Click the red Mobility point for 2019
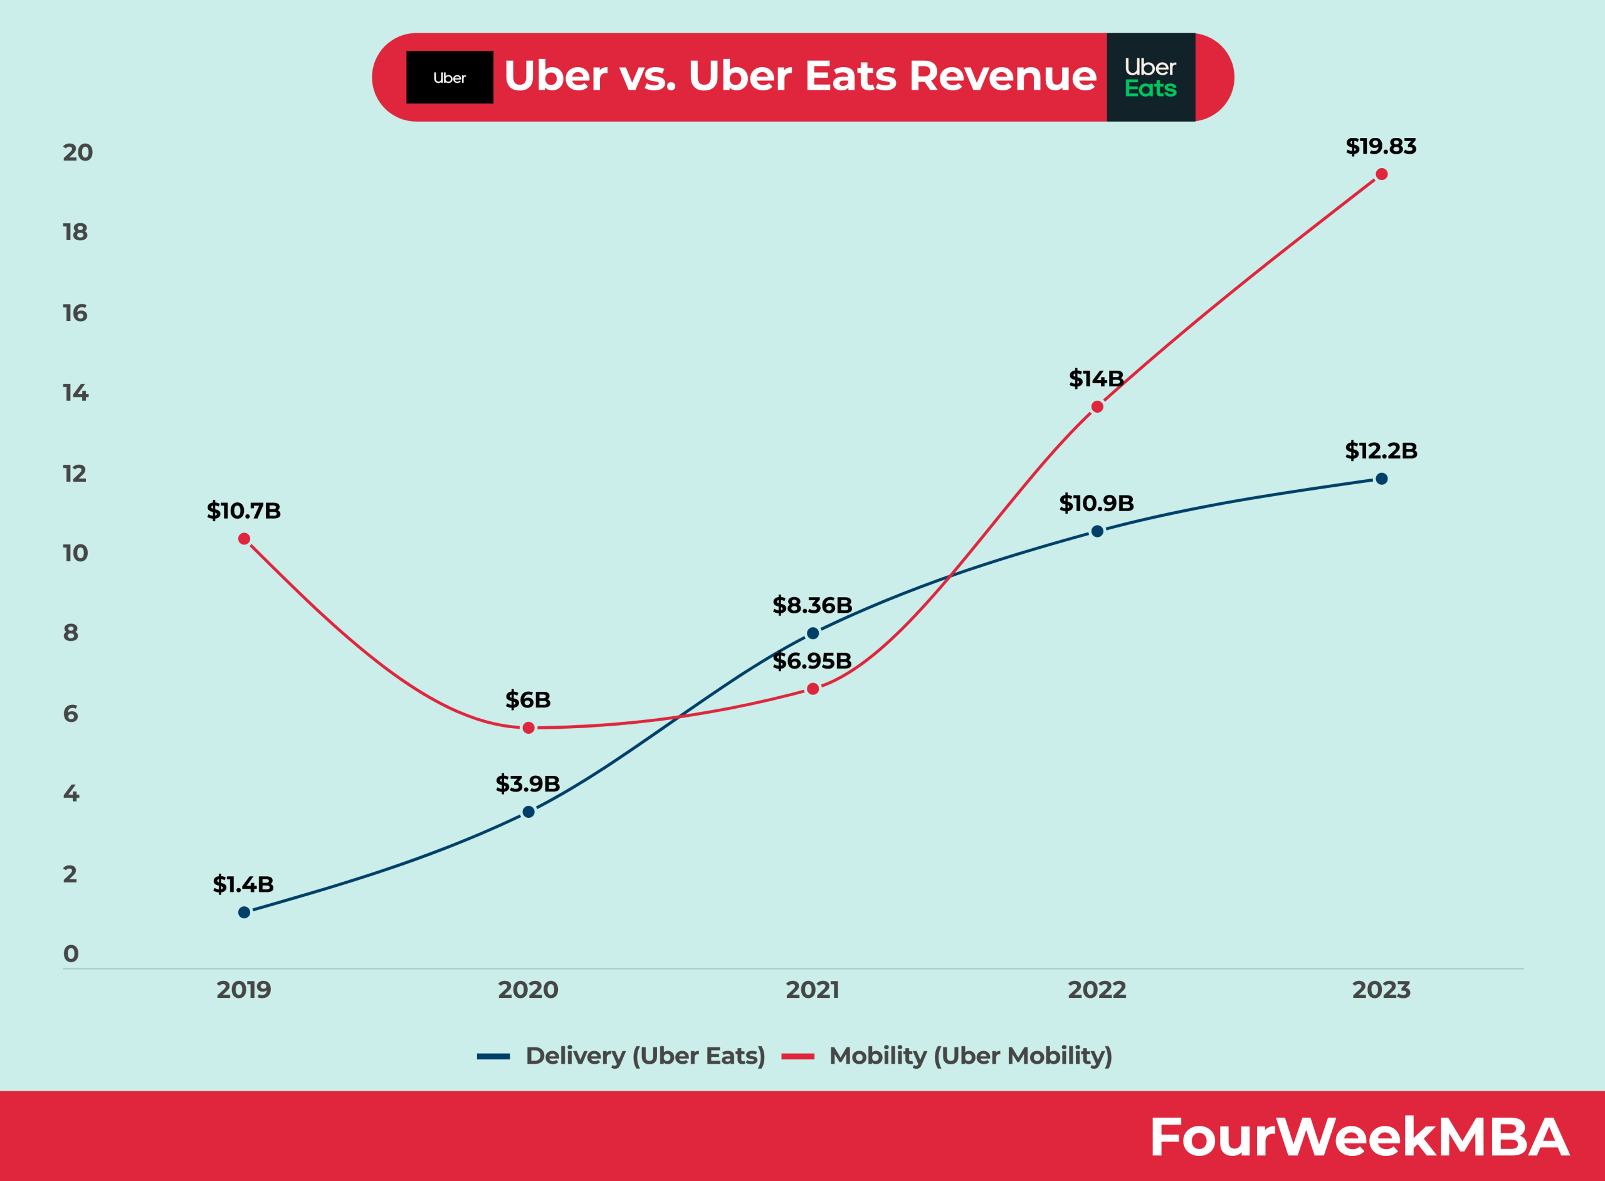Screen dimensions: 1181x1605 (245, 539)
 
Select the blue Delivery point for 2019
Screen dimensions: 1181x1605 (245, 912)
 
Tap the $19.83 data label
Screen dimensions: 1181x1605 (1381, 147)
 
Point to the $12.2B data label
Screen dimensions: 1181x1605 (1381, 451)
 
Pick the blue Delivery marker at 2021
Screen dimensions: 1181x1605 (813, 633)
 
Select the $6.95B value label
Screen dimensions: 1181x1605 (812, 661)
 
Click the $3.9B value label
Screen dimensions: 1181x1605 (527, 784)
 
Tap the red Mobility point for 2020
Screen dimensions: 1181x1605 (528, 728)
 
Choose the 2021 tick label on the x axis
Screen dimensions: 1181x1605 (813, 990)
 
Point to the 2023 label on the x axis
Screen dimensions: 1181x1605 (1381, 990)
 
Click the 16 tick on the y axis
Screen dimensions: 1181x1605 (75, 313)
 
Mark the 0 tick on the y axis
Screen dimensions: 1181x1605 (71, 954)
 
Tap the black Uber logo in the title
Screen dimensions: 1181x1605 (450, 77)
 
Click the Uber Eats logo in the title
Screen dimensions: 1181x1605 (1150, 77)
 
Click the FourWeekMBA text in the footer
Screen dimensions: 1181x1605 (1359, 1137)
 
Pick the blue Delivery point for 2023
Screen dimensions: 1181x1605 (1381, 479)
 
